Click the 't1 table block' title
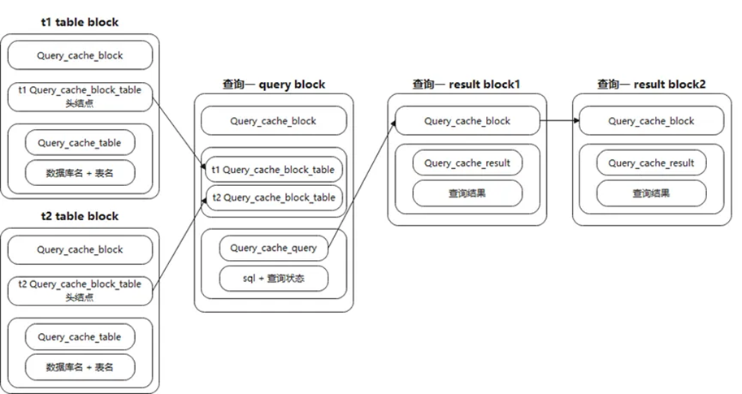[x=80, y=22]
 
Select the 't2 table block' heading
[x=80, y=216]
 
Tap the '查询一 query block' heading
[x=274, y=84]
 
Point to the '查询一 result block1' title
[x=466, y=84]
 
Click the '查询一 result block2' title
[x=651, y=84]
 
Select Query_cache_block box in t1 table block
[x=80, y=55]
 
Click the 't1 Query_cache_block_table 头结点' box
[x=80, y=96]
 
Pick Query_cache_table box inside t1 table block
[x=80, y=143]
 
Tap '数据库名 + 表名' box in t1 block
[x=80, y=172]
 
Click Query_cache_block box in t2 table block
[x=80, y=249]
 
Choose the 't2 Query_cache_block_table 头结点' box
[x=80, y=290]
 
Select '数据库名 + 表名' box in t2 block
[x=80, y=367]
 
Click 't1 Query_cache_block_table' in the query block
[x=273, y=170]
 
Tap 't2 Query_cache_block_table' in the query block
[x=273, y=197]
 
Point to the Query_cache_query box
[x=273, y=248]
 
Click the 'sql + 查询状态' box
[x=273, y=278]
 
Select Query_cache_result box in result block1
[x=467, y=162]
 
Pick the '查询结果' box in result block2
[x=651, y=193]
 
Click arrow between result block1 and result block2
[x=558, y=121]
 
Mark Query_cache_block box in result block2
[x=651, y=121]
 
